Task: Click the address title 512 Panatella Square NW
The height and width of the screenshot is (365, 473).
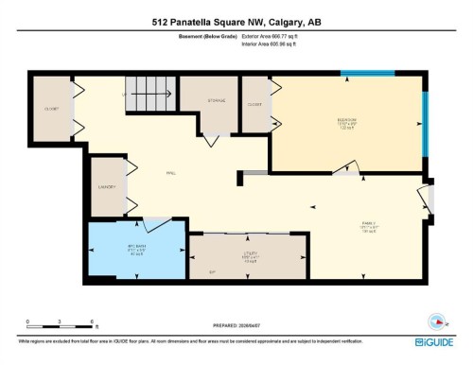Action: [236, 22]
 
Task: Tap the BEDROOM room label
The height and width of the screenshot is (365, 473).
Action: [346, 120]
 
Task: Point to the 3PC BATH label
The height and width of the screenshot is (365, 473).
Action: [135, 248]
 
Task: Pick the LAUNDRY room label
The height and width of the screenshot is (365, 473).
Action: [105, 186]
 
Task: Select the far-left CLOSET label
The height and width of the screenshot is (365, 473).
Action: [51, 109]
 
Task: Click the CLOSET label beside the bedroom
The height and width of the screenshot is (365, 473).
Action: [254, 104]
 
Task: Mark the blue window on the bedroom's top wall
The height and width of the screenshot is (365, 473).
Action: [367, 73]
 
